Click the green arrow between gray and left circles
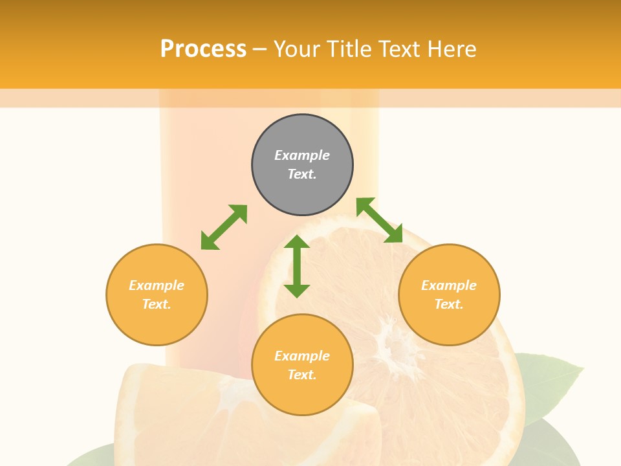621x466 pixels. pos(224,227)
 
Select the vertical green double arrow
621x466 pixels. pos(297,266)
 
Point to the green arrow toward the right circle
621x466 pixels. pos(379,220)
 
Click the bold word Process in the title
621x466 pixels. pos(203,49)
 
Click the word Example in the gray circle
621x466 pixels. pos(302,155)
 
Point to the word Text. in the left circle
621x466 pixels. pos(157,304)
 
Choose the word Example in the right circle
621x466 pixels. pos(449,285)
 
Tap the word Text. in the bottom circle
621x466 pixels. pos(302,375)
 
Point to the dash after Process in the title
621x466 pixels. pos(260,49)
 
